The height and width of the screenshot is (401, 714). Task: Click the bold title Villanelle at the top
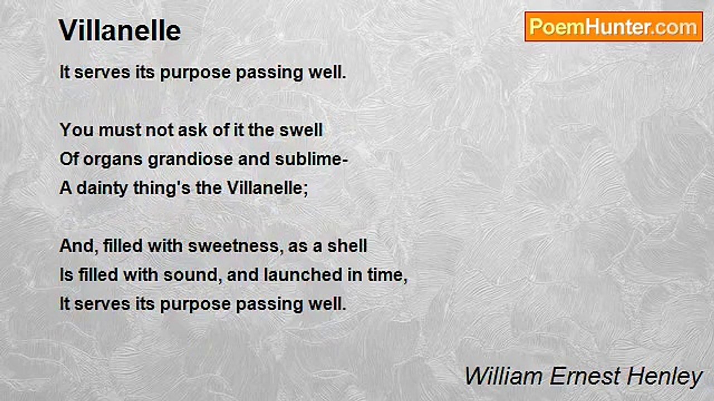(x=120, y=31)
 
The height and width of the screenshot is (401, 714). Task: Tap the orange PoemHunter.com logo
(x=614, y=27)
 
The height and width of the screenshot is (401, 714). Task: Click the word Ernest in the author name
(x=585, y=376)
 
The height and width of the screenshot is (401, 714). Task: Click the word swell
(x=301, y=130)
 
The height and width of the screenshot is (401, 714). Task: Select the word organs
(x=113, y=159)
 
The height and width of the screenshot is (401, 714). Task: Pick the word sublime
(x=308, y=159)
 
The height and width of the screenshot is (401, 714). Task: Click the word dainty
(x=102, y=188)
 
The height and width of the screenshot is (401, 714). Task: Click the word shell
(x=347, y=246)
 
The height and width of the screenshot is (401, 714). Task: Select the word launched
(x=303, y=275)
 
